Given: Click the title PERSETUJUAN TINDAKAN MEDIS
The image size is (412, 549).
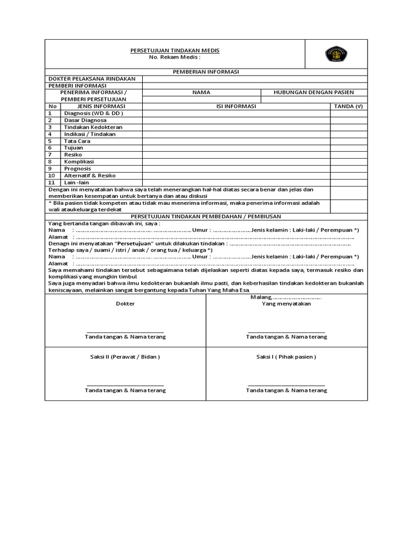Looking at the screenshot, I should pos(175,50).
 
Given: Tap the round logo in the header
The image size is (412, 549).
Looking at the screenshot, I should pos(336,54).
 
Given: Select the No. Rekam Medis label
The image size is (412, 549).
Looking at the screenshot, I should pos(175,57).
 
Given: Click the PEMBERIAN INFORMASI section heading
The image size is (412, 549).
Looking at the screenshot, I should pos(206,72).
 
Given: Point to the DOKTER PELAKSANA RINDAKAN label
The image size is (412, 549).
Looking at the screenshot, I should pos(92,79).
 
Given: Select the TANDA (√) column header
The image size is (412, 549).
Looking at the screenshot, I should pos(349,106).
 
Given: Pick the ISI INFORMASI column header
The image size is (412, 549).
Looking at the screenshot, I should pos(236,106).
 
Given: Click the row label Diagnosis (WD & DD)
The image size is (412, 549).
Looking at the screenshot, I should pos(94,113).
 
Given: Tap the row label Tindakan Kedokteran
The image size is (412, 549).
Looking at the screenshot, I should pos(93,127).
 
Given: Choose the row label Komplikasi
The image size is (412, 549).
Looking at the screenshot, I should pos(79,161).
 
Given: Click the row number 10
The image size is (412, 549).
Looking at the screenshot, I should pos(51,175).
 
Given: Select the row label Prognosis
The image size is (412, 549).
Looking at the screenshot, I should pos(78,168).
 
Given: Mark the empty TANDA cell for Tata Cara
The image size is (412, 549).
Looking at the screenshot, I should pos(349,141).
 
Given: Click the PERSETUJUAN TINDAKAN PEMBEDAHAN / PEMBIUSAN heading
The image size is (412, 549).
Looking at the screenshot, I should pos(206,216).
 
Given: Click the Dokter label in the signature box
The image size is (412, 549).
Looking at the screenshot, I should pos(126,303).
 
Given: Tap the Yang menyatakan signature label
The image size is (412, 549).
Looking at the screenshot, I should pos(286,303).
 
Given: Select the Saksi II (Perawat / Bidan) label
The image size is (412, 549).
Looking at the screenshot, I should pos(126,357).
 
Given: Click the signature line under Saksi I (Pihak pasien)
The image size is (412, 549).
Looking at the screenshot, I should pos(286,384).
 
